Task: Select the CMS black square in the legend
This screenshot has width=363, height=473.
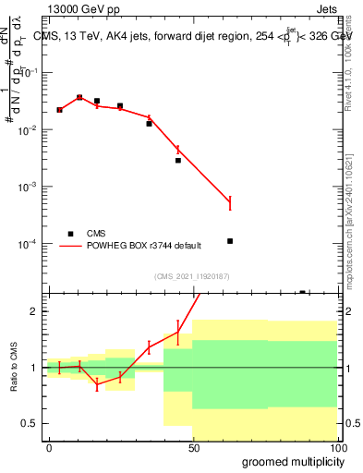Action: (x=70, y=234)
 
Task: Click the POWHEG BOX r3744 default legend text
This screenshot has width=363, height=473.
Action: (x=144, y=246)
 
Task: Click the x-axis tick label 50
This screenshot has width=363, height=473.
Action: (x=193, y=448)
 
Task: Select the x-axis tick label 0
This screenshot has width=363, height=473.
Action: (x=49, y=448)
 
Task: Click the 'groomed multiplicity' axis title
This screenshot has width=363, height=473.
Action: (x=287, y=461)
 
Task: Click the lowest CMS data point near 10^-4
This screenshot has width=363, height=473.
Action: (x=230, y=241)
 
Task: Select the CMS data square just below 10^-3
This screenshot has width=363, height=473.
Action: (x=178, y=160)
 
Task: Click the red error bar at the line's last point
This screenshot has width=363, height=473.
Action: (x=230, y=203)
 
